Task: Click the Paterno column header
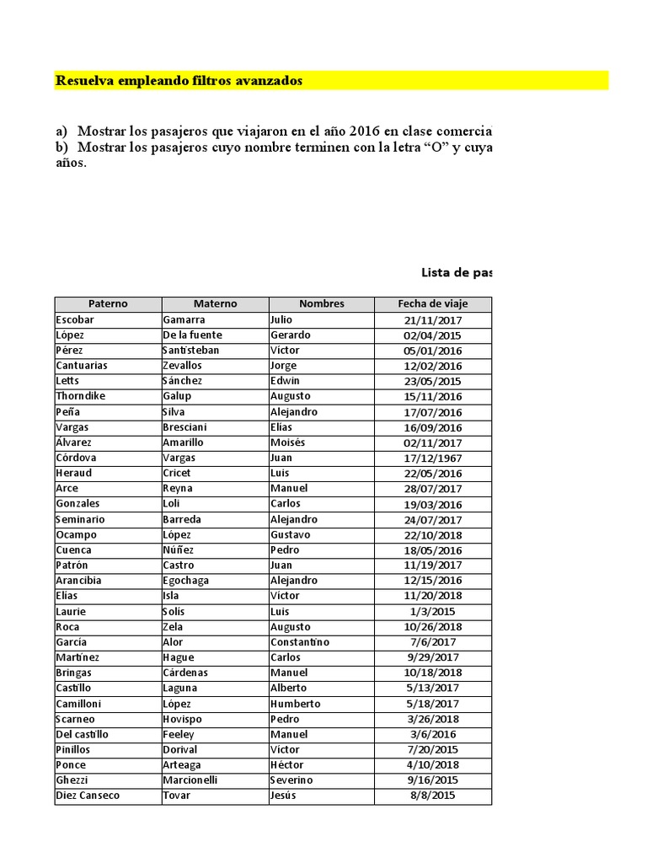108,303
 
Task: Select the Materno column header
215,303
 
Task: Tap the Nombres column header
322,303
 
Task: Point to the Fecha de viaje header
433,303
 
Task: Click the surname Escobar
75,319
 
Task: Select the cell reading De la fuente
190,335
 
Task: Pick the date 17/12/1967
433,458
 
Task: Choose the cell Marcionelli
190,780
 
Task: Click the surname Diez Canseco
88,796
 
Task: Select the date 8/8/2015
433,796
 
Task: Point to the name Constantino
300,642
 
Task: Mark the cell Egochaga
186,581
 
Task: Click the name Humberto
296,704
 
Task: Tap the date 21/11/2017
433,319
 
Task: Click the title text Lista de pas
456,272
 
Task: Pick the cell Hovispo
183,719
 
